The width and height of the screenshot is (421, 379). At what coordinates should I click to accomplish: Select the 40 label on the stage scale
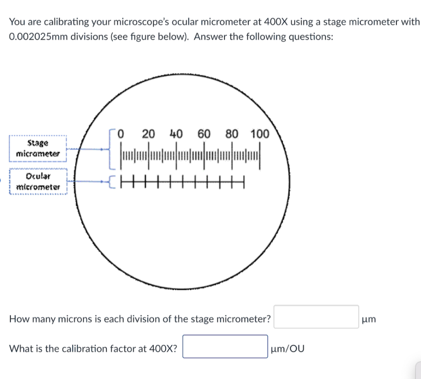(x=176, y=134)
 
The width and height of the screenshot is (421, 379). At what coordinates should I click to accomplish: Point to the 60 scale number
(x=204, y=134)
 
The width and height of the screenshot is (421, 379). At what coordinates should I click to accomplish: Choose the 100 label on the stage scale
(x=260, y=134)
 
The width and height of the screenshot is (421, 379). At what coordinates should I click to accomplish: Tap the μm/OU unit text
(x=287, y=348)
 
